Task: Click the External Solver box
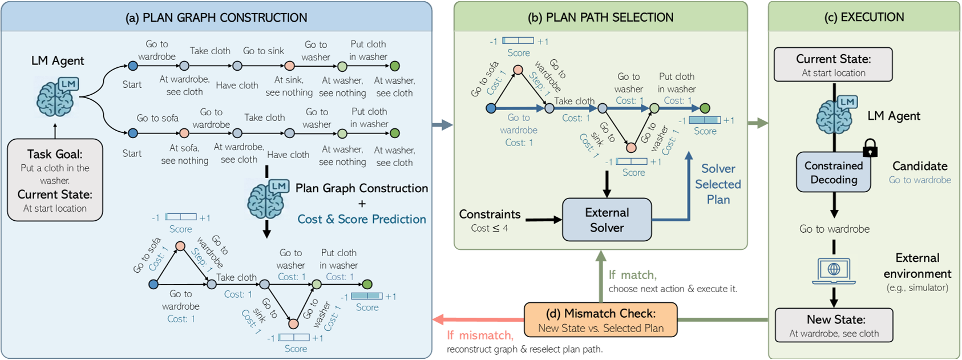click(x=607, y=220)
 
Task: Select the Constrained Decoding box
click(x=834, y=172)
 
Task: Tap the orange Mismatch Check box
click(x=600, y=320)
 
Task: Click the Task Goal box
click(x=55, y=180)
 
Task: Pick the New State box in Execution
click(x=834, y=325)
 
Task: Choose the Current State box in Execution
click(x=833, y=64)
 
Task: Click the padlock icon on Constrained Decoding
click(x=870, y=148)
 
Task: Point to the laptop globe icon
click(x=834, y=270)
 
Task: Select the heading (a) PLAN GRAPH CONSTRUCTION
click(x=216, y=18)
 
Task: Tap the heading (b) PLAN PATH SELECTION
click(x=601, y=18)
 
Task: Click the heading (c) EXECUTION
click(x=864, y=18)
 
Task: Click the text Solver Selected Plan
click(x=718, y=184)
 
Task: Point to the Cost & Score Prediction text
click(x=362, y=220)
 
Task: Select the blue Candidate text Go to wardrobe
click(x=920, y=180)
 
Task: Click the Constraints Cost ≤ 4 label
click(x=490, y=221)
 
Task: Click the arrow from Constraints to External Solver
click(x=543, y=220)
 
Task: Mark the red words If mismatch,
click(x=480, y=335)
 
